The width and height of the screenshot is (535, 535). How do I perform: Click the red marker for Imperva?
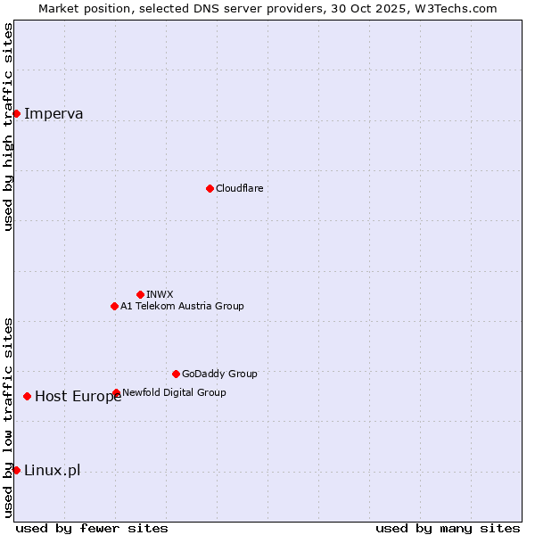tap(16, 113)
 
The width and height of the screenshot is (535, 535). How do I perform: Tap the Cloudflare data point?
tap(210, 188)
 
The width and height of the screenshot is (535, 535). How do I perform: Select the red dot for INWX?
tap(140, 294)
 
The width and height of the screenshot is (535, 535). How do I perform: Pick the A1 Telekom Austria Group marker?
tap(114, 306)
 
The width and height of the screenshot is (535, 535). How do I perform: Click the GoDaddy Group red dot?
tap(176, 374)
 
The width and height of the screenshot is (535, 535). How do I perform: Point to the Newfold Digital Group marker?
tap(116, 392)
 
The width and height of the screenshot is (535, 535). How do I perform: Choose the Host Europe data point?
tap(28, 396)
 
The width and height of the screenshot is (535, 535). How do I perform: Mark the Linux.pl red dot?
tap(16, 470)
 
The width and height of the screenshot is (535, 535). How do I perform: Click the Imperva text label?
tap(53, 113)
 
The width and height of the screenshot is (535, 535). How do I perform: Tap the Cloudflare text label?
tap(239, 188)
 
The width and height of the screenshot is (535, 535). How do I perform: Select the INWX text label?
tap(160, 294)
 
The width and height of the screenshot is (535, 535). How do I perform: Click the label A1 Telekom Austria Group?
tap(182, 306)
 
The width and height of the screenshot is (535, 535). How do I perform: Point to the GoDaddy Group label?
tap(219, 374)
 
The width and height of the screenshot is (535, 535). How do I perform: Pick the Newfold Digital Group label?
tap(174, 392)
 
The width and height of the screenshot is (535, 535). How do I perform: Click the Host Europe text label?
tap(78, 397)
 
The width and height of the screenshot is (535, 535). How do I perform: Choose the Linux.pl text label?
tap(52, 471)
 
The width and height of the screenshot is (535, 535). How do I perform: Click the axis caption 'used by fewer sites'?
tap(92, 528)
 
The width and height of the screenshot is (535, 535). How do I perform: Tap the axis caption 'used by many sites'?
tap(448, 528)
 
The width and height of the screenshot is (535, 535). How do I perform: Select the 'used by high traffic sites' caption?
tap(9, 127)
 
